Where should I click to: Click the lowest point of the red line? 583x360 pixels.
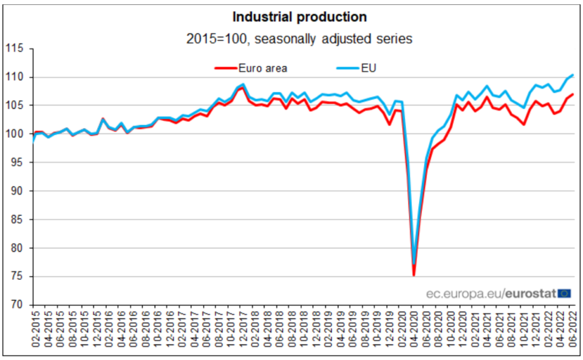click(x=414, y=276)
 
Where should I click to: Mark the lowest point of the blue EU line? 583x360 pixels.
click(x=414, y=264)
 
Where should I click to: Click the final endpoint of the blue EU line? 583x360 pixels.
click(x=573, y=75)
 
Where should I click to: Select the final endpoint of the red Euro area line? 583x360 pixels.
click(x=573, y=94)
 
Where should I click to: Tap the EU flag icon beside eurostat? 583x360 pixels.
click(x=565, y=293)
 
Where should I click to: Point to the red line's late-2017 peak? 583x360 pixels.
click(x=243, y=88)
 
